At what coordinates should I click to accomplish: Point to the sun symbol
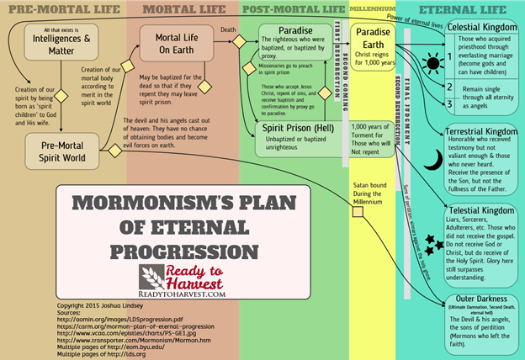pyautogui.click(x=433, y=63)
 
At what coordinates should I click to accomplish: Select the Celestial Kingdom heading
pyautogui.click(x=482, y=27)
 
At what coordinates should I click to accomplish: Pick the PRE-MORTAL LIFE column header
pyautogui.click(x=61, y=9)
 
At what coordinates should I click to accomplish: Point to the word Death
pyautogui.click(x=227, y=28)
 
